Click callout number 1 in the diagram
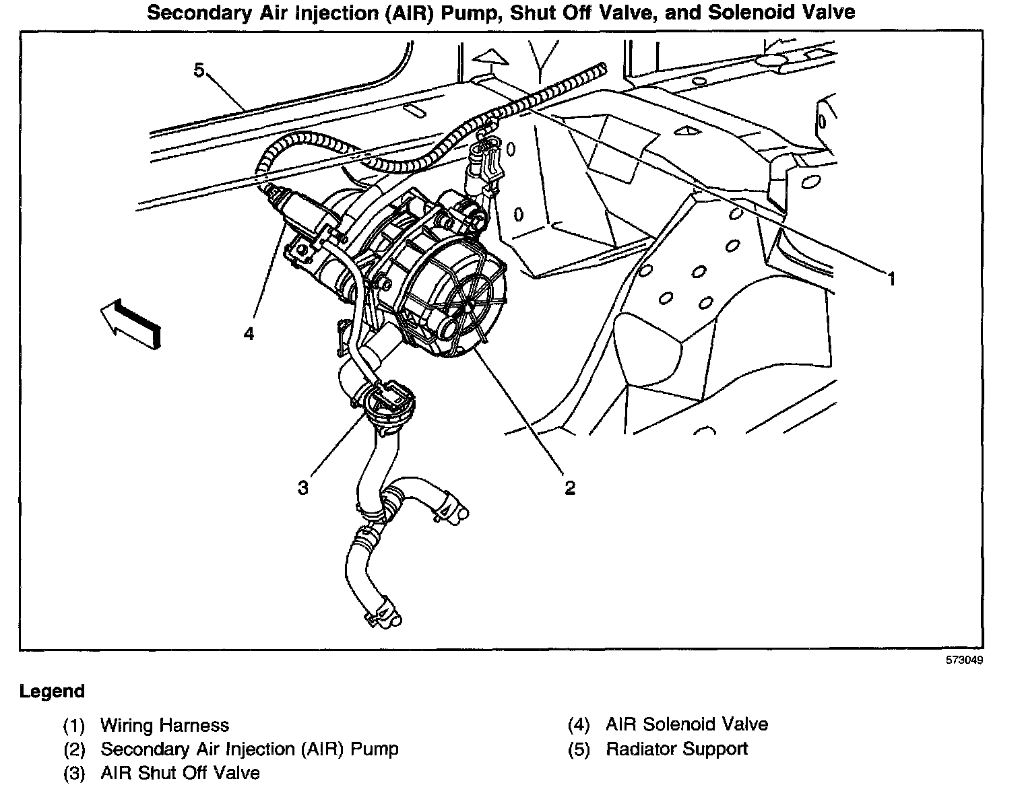pyautogui.click(x=891, y=278)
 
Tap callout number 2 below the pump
pyautogui.click(x=570, y=487)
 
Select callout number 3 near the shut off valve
pyautogui.click(x=303, y=487)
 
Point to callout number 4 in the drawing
pyautogui.click(x=249, y=333)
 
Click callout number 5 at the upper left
pyautogui.click(x=199, y=70)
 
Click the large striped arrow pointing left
pyautogui.click(x=131, y=324)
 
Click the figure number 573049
pyautogui.click(x=964, y=660)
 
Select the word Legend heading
pyautogui.click(x=52, y=691)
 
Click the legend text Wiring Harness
pyautogui.click(x=164, y=725)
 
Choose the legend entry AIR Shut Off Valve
pyautogui.click(x=180, y=772)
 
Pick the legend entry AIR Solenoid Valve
pyautogui.click(x=686, y=724)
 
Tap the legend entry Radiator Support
pyautogui.click(x=676, y=749)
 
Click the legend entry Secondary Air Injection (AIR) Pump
pyautogui.click(x=249, y=749)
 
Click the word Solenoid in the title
pyautogui.click(x=751, y=12)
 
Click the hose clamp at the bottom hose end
pyautogui.click(x=382, y=610)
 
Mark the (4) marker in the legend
pyautogui.click(x=579, y=725)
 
